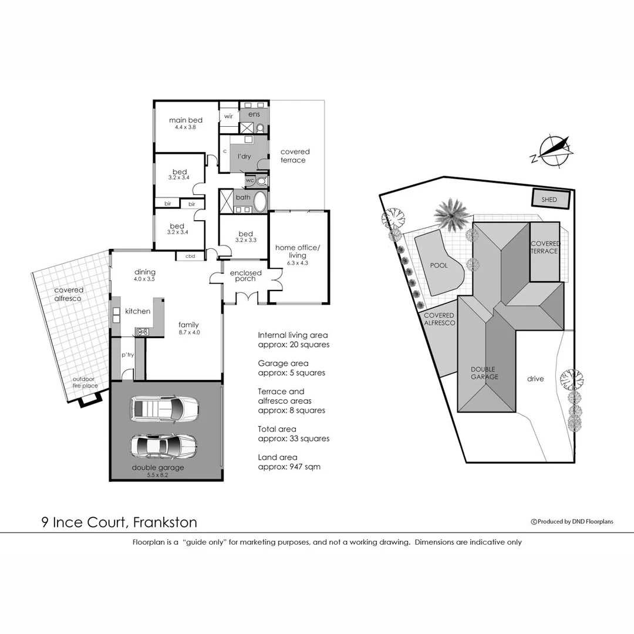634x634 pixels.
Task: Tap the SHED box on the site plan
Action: click(x=549, y=200)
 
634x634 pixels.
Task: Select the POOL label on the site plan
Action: click(x=439, y=265)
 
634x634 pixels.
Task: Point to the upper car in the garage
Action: click(x=164, y=408)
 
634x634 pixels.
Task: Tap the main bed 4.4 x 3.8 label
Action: click(x=186, y=123)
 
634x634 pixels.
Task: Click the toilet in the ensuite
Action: click(x=261, y=127)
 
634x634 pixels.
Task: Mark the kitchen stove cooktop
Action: click(x=142, y=332)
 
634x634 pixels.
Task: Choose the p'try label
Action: click(x=127, y=355)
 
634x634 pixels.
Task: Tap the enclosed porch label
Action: click(x=245, y=275)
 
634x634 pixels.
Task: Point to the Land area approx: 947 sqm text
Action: click(x=289, y=461)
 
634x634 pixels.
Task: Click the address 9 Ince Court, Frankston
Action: click(x=119, y=522)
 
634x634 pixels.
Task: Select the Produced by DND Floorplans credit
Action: click(x=572, y=521)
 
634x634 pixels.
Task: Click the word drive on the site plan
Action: click(x=535, y=379)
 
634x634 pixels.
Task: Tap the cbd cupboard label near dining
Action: click(x=190, y=256)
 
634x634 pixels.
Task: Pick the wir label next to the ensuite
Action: click(x=228, y=116)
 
